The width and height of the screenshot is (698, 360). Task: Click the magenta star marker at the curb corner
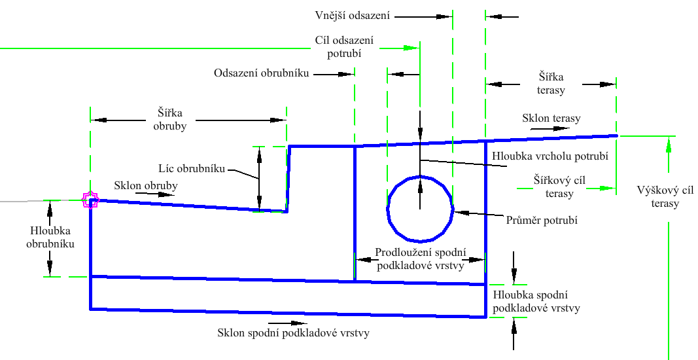(x=90, y=200)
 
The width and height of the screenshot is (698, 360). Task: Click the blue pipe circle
(x=420, y=209)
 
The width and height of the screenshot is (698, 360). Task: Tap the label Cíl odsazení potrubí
(x=338, y=47)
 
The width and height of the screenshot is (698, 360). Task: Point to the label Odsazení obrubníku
(x=261, y=73)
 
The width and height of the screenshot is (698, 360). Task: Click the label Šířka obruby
(x=170, y=119)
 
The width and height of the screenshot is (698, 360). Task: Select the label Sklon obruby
(x=145, y=185)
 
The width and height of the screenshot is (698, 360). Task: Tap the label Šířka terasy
(x=551, y=84)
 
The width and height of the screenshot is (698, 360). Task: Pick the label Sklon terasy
(x=551, y=118)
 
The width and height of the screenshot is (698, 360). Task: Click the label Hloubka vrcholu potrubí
(x=549, y=156)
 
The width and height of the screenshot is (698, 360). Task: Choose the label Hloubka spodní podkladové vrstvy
(x=536, y=302)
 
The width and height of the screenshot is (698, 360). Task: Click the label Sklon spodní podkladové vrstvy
(x=293, y=333)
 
